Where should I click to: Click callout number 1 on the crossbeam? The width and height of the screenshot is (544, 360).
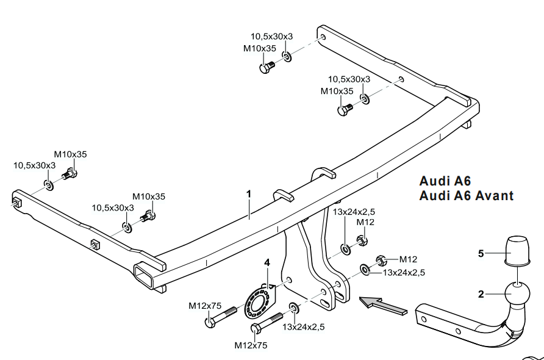click(249, 194)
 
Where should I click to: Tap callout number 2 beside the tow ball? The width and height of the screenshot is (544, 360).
click(481, 295)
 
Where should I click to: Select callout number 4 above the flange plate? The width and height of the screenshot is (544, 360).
click(266, 263)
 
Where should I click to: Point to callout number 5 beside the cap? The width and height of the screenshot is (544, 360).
click(481, 253)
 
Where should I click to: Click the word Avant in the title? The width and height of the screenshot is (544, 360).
click(492, 196)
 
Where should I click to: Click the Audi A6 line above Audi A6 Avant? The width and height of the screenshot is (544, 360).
click(445, 181)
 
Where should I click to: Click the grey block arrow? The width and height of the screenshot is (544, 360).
click(383, 304)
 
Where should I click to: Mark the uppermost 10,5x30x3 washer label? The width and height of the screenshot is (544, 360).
click(271, 37)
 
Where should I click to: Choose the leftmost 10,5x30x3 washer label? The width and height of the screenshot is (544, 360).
click(35, 165)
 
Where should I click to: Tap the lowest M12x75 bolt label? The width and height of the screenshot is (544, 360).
click(251, 345)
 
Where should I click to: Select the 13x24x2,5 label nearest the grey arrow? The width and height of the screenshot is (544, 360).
click(404, 272)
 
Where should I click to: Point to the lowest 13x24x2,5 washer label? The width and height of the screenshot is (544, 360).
click(303, 327)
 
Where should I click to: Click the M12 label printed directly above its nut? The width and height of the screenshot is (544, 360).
click(365, 222)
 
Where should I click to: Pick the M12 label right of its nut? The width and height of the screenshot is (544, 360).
click(408, 259)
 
